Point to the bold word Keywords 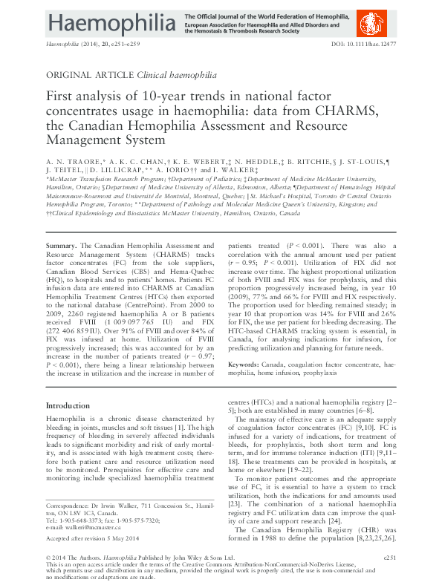coord(242,365)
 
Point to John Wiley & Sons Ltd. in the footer coord(177,556)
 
